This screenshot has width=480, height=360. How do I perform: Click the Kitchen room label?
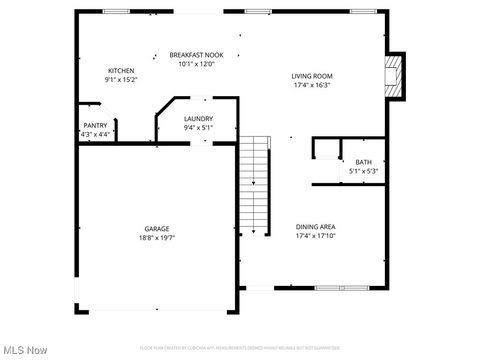click(121, 70)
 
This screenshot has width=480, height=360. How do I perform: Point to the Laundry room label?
click(197, 118)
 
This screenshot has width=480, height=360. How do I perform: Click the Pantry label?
click(95, 125)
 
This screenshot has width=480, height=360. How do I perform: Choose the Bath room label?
click(363, 162)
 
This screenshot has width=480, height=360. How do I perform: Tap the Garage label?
click(157, 229)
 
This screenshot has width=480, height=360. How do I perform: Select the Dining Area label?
click(315, 227)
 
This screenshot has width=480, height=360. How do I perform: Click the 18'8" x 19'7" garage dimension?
click(157, 238)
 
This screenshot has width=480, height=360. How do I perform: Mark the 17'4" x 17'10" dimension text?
click(315, 236)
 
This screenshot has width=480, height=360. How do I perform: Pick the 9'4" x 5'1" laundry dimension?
click(197, 127)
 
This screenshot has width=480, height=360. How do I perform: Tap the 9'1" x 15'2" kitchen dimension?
click(121, 79)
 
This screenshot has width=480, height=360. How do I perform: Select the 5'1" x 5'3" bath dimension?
click(363, 171)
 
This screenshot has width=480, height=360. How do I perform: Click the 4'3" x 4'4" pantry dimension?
click(97, 133)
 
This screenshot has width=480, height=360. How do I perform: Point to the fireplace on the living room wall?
click(396, 77)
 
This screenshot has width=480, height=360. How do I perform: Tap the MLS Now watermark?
click(25, 349)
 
